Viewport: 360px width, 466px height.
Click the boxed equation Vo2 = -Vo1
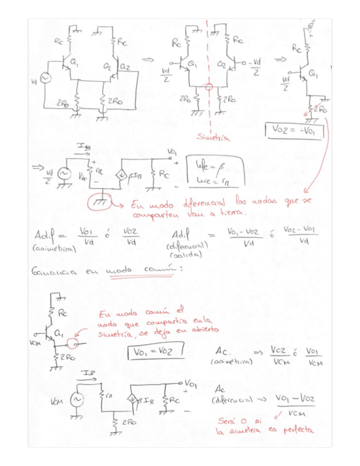pos(295,130)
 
